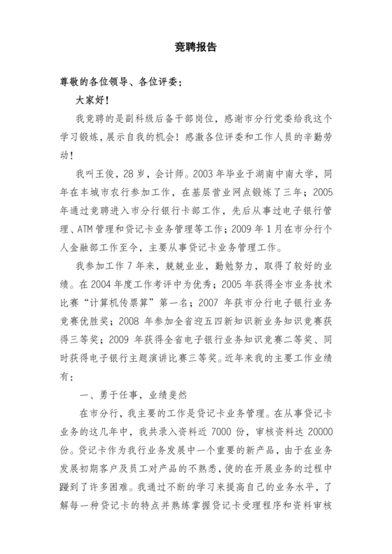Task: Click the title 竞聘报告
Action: tap(196, 48)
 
